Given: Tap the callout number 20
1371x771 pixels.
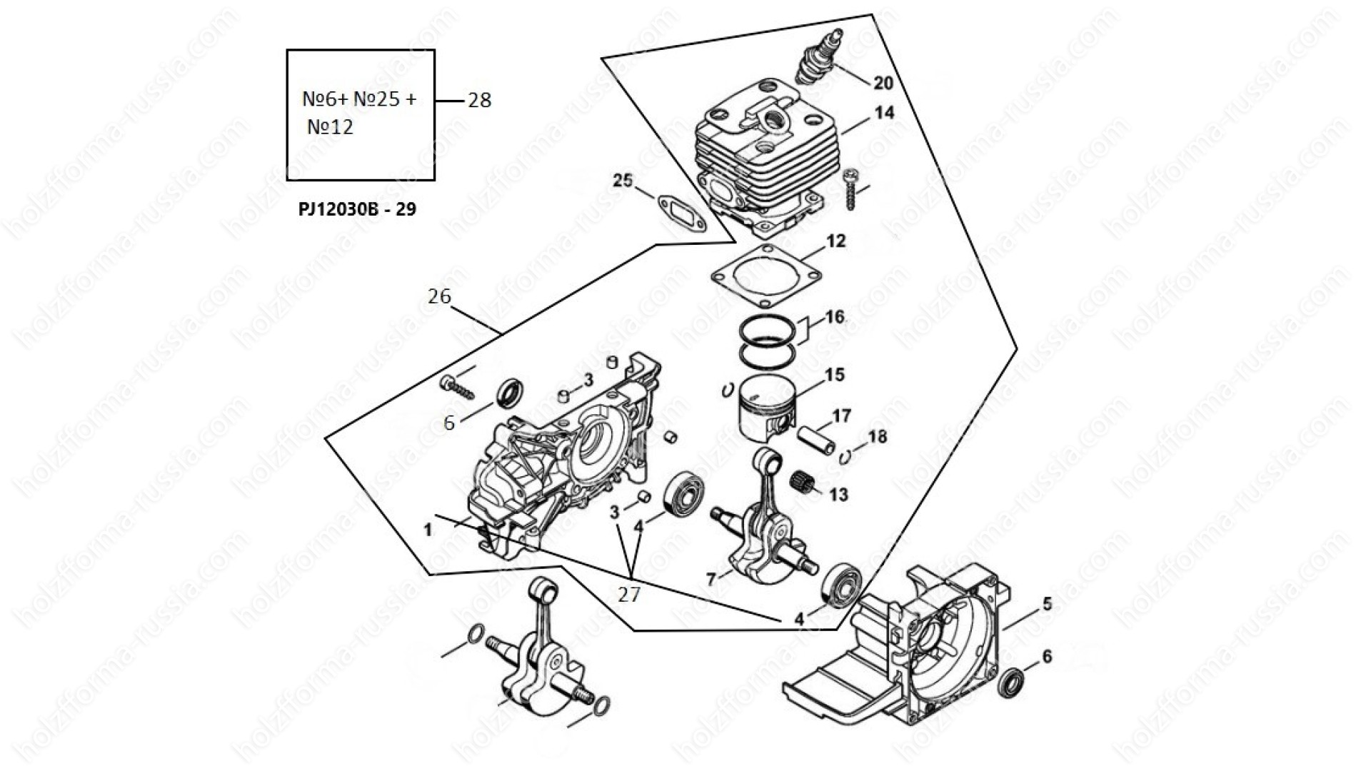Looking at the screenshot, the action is [x=883, y=84].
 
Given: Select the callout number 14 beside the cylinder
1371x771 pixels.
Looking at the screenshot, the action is [x=883, y=113].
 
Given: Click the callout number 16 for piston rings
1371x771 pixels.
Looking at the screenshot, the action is [x=834, y=316].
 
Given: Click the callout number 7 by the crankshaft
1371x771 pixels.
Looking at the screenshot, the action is [x=710, y=580].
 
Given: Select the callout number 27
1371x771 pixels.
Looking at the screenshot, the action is [x=628, y=594].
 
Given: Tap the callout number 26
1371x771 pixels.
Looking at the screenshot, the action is [x=439, y=296].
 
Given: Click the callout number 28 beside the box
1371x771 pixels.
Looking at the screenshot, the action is [x=479, y=100].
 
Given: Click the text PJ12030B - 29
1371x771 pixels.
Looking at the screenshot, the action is [x=358, y=209].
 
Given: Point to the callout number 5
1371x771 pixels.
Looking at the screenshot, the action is [x=1047, y=604].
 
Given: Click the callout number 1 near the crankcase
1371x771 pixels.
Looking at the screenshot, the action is [x=428, y=530].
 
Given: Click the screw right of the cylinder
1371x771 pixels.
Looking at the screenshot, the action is [x=850, y=189].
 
